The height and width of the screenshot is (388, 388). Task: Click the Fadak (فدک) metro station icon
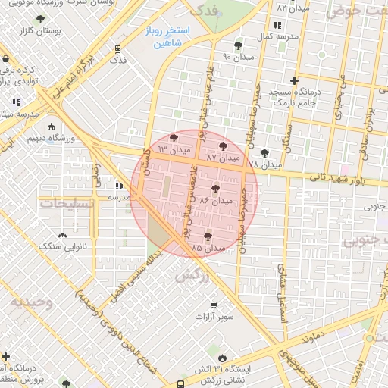click(117, 48)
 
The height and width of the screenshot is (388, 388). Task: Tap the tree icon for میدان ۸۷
click(223, 146)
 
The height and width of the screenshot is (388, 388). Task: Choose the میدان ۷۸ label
click(264, 164)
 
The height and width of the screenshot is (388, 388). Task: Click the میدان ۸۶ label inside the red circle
click(215, 201)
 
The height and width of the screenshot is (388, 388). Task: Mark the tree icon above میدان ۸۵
click(208, 236)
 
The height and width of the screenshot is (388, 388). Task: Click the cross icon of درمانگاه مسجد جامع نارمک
click(295, 80)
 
